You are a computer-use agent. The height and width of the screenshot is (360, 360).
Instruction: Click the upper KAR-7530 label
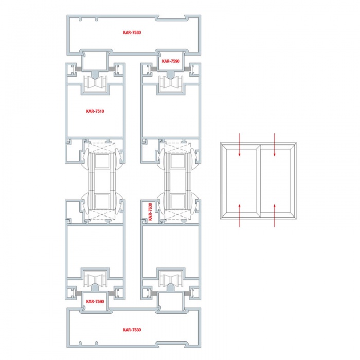132,32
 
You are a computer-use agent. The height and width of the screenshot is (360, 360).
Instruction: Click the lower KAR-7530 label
132,330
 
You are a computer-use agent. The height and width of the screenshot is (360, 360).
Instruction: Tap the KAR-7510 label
95,111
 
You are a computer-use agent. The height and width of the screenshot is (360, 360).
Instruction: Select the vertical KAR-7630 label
150,211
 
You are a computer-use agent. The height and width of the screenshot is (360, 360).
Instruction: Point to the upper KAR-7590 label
171,61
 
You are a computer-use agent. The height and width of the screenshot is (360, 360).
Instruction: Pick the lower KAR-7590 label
95,302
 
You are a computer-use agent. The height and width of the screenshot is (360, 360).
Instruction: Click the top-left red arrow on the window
239,145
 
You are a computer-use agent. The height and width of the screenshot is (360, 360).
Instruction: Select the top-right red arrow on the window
274,145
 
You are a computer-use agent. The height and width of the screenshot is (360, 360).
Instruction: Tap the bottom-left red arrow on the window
239,215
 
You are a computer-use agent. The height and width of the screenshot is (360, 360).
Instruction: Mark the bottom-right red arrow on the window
274,215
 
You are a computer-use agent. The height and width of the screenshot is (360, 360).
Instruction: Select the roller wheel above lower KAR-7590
95,279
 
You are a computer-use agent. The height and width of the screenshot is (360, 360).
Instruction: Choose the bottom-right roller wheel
171,279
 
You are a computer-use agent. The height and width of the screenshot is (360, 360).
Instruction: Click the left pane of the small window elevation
241,181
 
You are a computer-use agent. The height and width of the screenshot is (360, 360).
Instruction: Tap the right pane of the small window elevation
275,181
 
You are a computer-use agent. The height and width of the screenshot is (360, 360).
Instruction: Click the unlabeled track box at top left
95,61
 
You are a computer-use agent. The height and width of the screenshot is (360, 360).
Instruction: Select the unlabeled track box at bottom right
171,301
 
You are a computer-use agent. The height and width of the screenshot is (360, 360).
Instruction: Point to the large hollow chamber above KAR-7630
171,111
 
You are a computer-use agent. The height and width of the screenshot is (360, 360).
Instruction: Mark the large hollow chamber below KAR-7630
171,251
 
